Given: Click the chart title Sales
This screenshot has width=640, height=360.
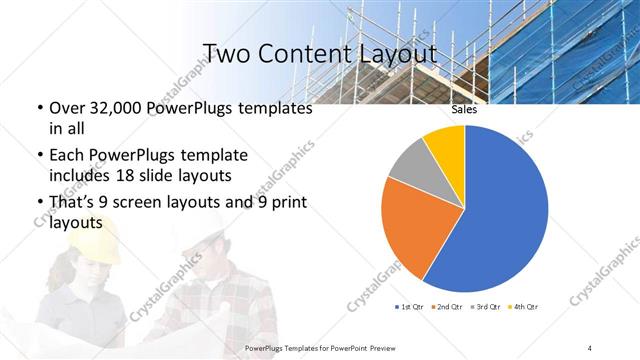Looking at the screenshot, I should point(464,110).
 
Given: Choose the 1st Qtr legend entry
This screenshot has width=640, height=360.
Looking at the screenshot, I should point(411,305).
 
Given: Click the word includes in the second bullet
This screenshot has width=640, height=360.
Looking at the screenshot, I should point(82,176).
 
